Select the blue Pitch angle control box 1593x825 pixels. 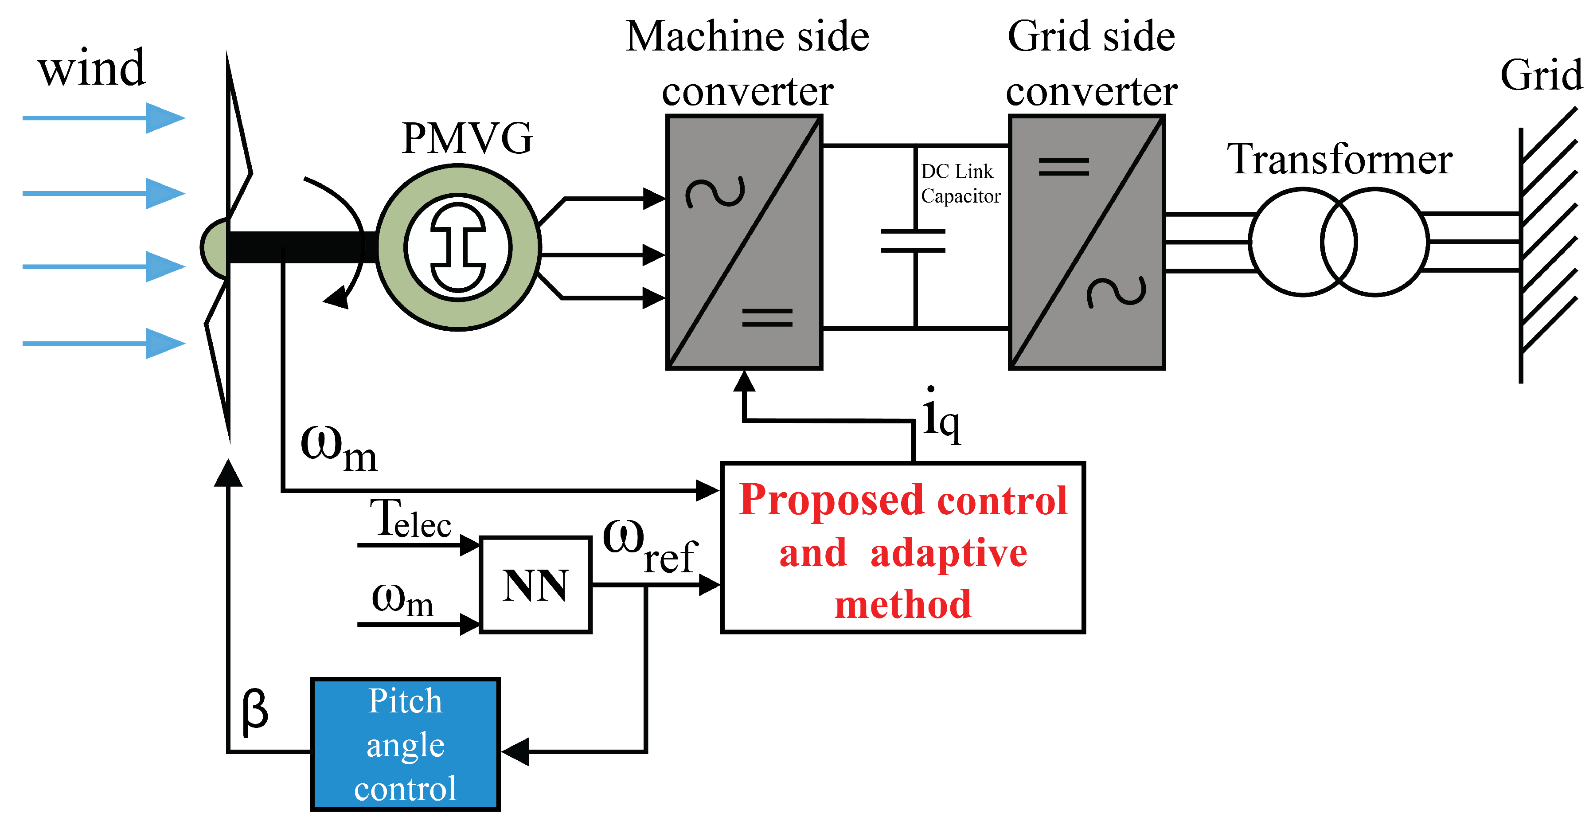[405, 744]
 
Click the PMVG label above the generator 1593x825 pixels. [467, 138]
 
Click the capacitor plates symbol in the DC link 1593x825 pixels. [914, 241]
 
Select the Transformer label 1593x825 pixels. [1339, 160]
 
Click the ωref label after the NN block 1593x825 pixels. [649, 547]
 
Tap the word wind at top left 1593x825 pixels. [91, 68]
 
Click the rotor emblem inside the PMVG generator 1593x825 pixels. [458, 247]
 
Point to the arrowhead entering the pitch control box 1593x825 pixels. [515, 751]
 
